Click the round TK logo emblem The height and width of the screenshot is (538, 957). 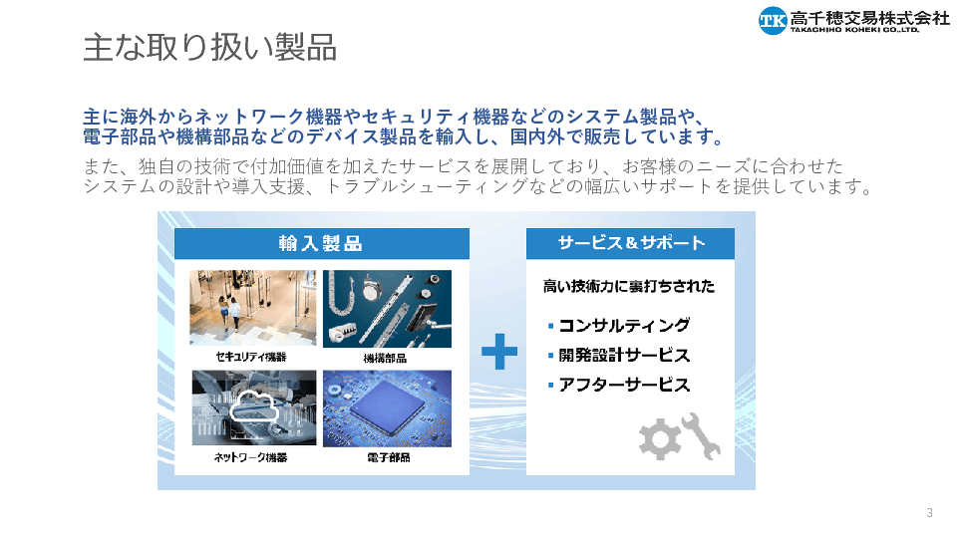(x=773, y=20)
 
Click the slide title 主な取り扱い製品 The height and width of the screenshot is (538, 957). (x=210, y=48)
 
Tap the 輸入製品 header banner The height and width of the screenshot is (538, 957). (x=322, y=243)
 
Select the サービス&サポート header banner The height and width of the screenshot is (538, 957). (x=630, y=243)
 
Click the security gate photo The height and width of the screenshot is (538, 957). (x=252, y=308)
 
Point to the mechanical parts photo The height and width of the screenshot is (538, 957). (x=387, y=309)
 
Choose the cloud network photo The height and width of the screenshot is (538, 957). (x=254, y=407)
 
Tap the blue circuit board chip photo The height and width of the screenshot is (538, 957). (x=387, y=408)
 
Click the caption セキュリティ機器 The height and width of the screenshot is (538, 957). (x=251, y=357)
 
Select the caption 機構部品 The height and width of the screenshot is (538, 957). (x=385, y=358)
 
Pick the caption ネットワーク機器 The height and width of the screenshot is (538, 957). (x=251, y=457)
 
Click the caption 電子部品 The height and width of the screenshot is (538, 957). (x=389, y=457)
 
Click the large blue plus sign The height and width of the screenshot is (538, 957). (x=499, y=352)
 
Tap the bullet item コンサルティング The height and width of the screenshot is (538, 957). (x=624, y=325)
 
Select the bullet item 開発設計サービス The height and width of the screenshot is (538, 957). (x=624, y=355)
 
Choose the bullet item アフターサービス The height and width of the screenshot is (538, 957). (x=624, y=385)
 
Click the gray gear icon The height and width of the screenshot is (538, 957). (x=659, y=438)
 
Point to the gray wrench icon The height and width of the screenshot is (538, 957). (x=702, y=435)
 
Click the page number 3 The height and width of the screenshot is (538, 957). (x=929, y=513)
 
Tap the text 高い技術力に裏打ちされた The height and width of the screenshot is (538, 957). (x=629, y=286)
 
